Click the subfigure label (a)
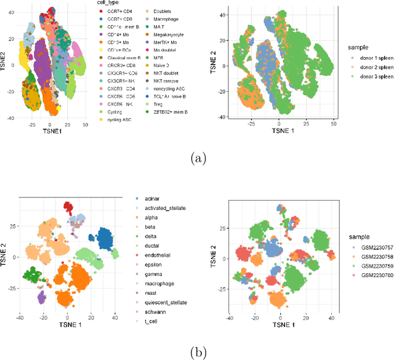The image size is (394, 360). coord(198,158)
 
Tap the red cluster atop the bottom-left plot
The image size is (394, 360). coord(68,207)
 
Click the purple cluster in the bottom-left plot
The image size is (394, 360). coord(41,297)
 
